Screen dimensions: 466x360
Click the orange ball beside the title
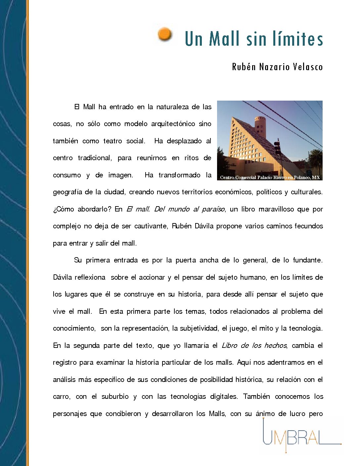(164, 34)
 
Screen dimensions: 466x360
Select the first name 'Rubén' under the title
(244, 67)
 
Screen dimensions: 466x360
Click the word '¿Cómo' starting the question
(64, 209)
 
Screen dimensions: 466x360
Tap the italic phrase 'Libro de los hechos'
(254, 346)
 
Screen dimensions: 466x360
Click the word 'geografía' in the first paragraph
(67, 192)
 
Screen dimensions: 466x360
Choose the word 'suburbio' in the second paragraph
(115, 396)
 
